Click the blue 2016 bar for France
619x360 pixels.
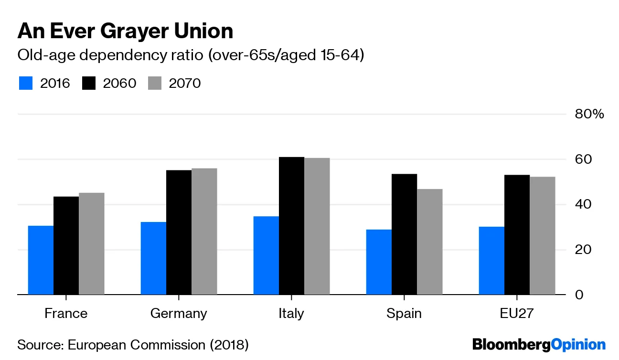(41, 260)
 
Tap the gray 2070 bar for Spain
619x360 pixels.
(429, 242)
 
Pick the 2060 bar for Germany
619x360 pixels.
(179, 233)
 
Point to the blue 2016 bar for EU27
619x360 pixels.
(491, 261)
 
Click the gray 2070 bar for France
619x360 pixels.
(91, 244)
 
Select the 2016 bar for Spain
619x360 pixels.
(379, 262)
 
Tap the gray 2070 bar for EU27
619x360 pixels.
(542, 236)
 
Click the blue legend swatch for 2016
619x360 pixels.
(26, 83)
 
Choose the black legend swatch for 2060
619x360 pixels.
(89, 83)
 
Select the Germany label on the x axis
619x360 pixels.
(179, 314)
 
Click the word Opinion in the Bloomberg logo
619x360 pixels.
(578, 344)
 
